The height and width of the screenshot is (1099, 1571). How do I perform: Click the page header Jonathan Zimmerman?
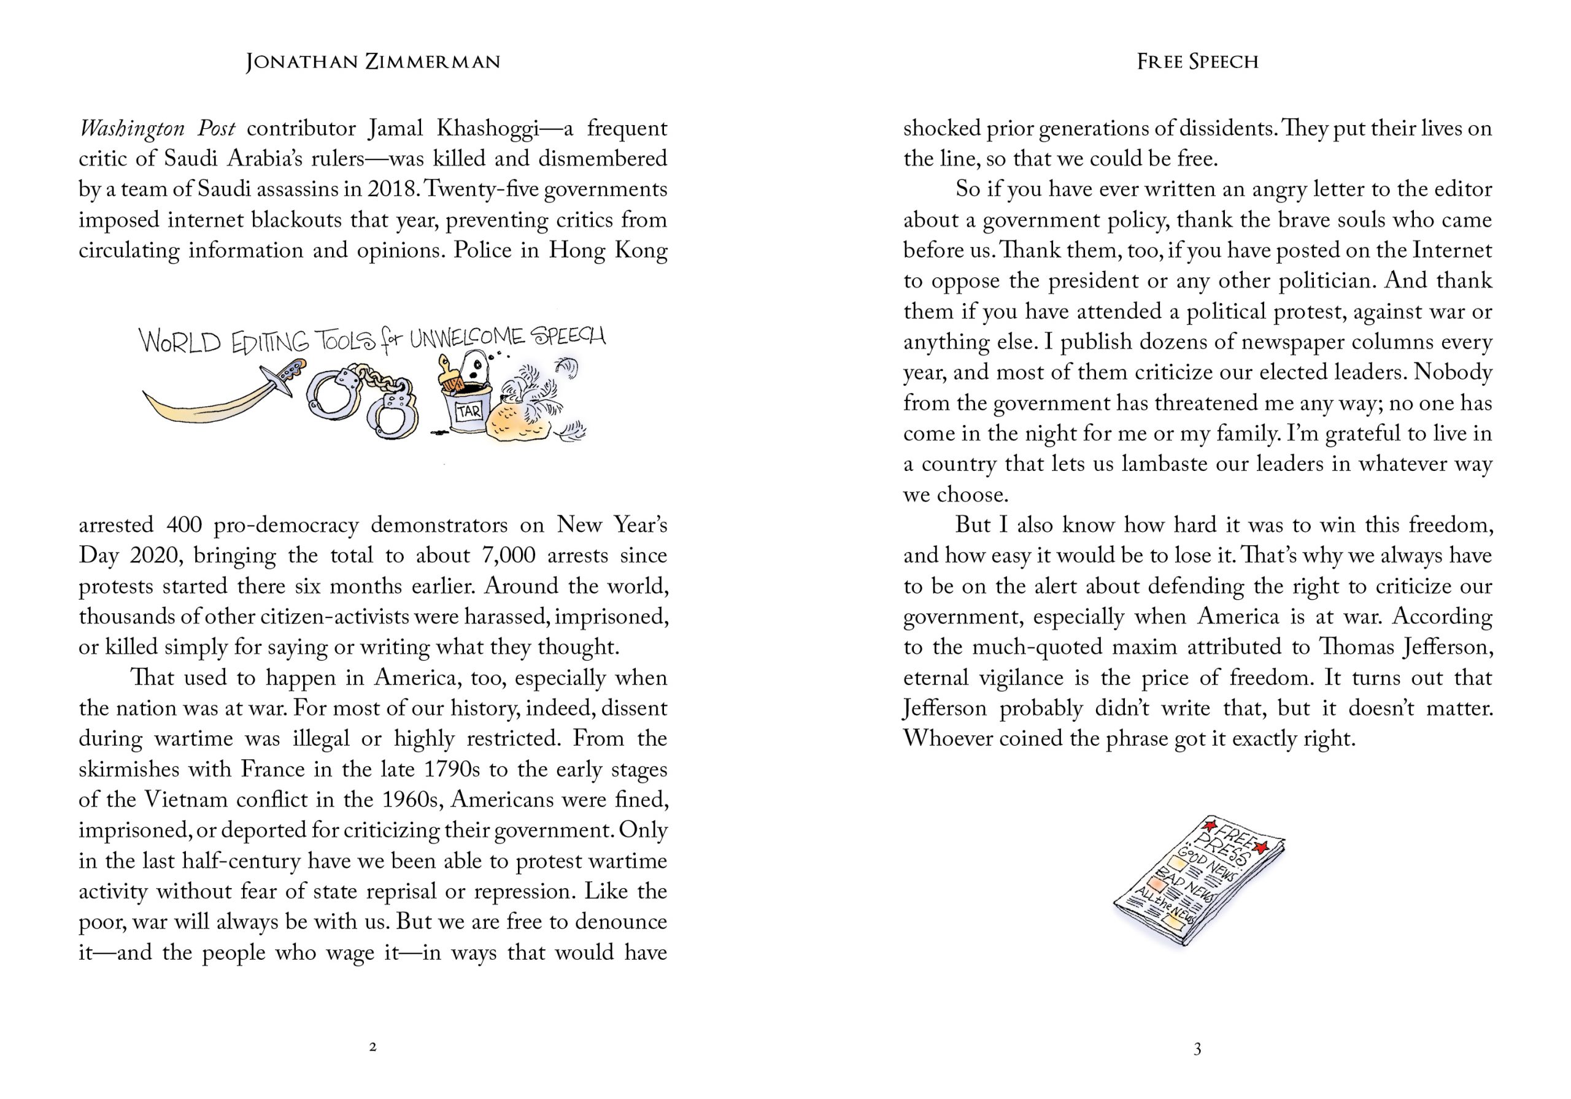pyautogui.click(x=373, y=62)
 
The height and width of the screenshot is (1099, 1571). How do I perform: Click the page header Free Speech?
pyautogui.click(x=1197, y=62)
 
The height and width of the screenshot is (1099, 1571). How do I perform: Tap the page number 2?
pyautogui.click(x=373, y=1047)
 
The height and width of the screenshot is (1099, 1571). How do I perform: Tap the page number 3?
pyautogui.click(x=1197, y=1048)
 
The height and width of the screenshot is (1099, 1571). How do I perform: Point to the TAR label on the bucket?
pyautogui.click(x=469, y=411)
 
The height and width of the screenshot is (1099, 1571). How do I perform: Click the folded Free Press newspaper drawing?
pyautogui.click(x=1198, y=878)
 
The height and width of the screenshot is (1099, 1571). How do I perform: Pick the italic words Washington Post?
pyautogui.click(x=156, y=129)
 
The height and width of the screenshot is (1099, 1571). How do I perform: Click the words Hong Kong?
pyautogui.click(x=608, y=250)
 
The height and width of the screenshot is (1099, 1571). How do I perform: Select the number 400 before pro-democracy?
pyautogui.click(x=183, y=525)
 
